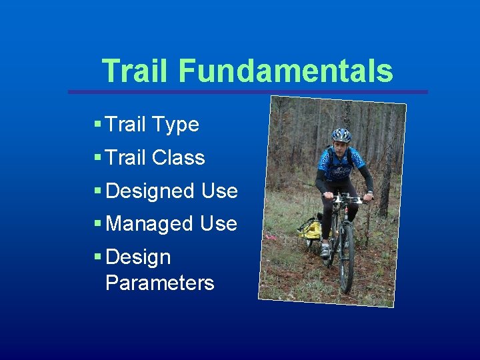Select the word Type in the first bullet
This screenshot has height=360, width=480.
click(x=175, y=124)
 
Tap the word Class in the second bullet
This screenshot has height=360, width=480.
click(x=178, y=157)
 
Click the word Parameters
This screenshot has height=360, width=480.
click(x=160, y=283)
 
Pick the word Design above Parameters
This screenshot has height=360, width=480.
click(x=138, y=257)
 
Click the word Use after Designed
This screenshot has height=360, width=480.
click(x=219, y=191)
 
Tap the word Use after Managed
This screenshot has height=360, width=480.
click(x=219, y=223)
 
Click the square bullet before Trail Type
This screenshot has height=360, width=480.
click(x=97, y=124)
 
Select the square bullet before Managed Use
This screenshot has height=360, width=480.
click(x=97, y=223)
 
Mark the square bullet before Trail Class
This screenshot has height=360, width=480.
click(x=97, y=157)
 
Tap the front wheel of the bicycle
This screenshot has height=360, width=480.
click(x=346, y=260)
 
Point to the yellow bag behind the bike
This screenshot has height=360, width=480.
click(x=310, y=229)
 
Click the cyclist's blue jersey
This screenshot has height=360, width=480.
click(x=341, y=164)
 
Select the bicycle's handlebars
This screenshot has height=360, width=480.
click(x=347, y=198)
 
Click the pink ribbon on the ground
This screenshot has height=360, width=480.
click(x=271, y=235)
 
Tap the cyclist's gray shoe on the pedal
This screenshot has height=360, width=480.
click(x=325, y=250)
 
